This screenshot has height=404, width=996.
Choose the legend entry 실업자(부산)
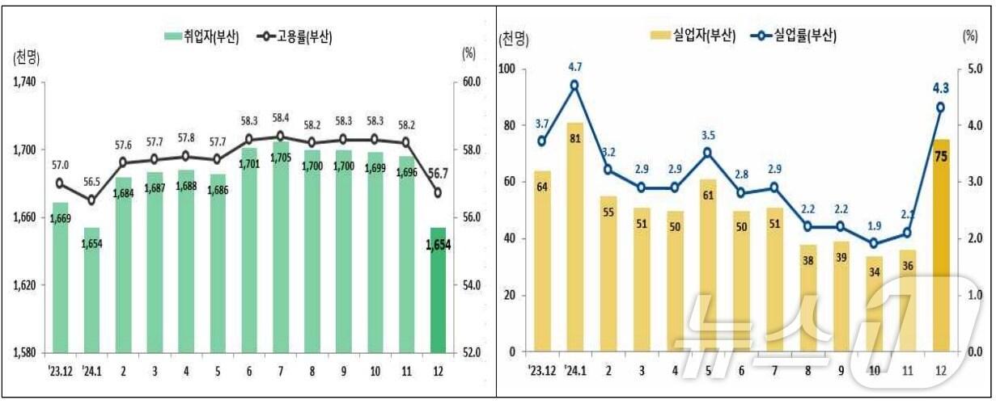click(693, 36)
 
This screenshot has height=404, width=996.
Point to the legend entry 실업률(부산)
click(794, 36)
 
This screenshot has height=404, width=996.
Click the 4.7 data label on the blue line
click(574, 67)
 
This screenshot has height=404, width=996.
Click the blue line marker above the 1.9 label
click(874, 243)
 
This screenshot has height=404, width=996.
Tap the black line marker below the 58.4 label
click(280, 137)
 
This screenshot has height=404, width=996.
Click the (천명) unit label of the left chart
click(27, 57)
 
